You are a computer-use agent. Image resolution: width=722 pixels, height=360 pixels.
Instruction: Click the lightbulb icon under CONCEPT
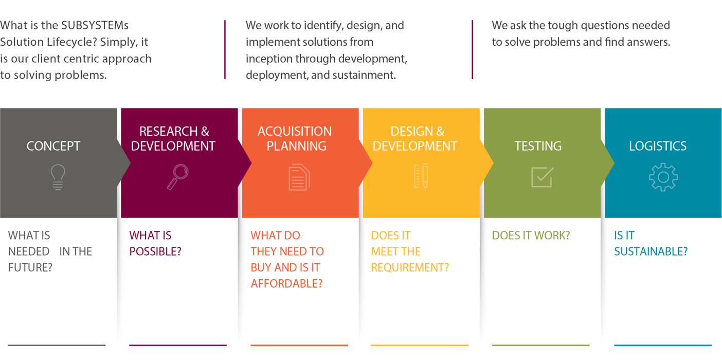pyautogui.click(x=58, y=177)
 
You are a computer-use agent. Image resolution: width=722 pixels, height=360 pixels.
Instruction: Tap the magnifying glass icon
pyautogui.click(x=177, y=177)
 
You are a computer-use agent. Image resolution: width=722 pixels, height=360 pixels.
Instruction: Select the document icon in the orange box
pyautogui.click(x=299, y=177)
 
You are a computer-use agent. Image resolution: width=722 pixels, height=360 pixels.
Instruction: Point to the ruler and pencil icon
pyautogui.click(x=421, y=176)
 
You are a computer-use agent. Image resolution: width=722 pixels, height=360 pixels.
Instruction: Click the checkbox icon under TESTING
pyautogui.click(x=543, y=177)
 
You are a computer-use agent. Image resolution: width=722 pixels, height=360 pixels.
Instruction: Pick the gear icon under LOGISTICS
pyautogui.click(x=663, y=177)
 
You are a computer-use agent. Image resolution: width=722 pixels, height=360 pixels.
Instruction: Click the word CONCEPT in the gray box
pyautogui.click(x=53, y=146)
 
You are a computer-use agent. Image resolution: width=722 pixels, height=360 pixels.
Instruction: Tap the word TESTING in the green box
pyautogui.click(x=538, y=146)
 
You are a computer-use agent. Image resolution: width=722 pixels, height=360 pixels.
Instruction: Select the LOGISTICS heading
pyautogui.click(x=658, y=146)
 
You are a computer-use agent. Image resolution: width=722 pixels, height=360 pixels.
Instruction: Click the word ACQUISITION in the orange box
pyautogui.click(x=295, y=131)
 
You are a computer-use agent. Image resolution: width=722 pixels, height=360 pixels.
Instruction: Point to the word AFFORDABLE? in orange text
pyautogui.click(x=286, y=283)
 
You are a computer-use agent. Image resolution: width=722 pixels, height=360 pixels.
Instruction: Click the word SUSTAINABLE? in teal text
pyautogui.click(x=651, y=251)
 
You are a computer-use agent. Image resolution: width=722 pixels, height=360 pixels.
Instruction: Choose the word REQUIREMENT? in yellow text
pyautogui.click(x=410, y=267)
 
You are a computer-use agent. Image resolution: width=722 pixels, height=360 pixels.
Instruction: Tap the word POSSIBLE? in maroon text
pyautogui.click(x=155, y=251)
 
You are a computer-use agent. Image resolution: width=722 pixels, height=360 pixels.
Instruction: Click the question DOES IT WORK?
pyautogui.click(x=531, y=235)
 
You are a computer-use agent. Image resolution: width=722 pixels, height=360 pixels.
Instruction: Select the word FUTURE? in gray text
pyautogui.click(x=30, y=267)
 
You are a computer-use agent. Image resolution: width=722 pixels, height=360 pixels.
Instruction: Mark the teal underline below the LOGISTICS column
pyautogui.click(x=663, y=345)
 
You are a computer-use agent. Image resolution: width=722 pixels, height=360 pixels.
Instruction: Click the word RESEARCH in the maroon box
pyautogui.click(x=168, y=131)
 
